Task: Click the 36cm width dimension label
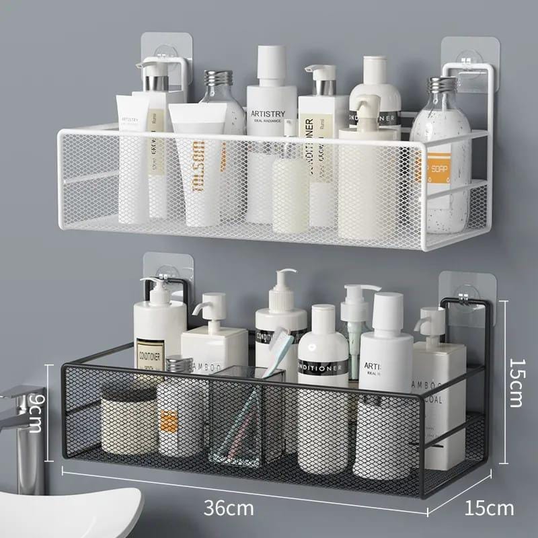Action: pyautogui.click(x=231, y=508)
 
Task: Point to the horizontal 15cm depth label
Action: pyautogui.click(x=490, y=508)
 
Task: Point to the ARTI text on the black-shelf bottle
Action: pyautogui.click(x=374, y=367)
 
